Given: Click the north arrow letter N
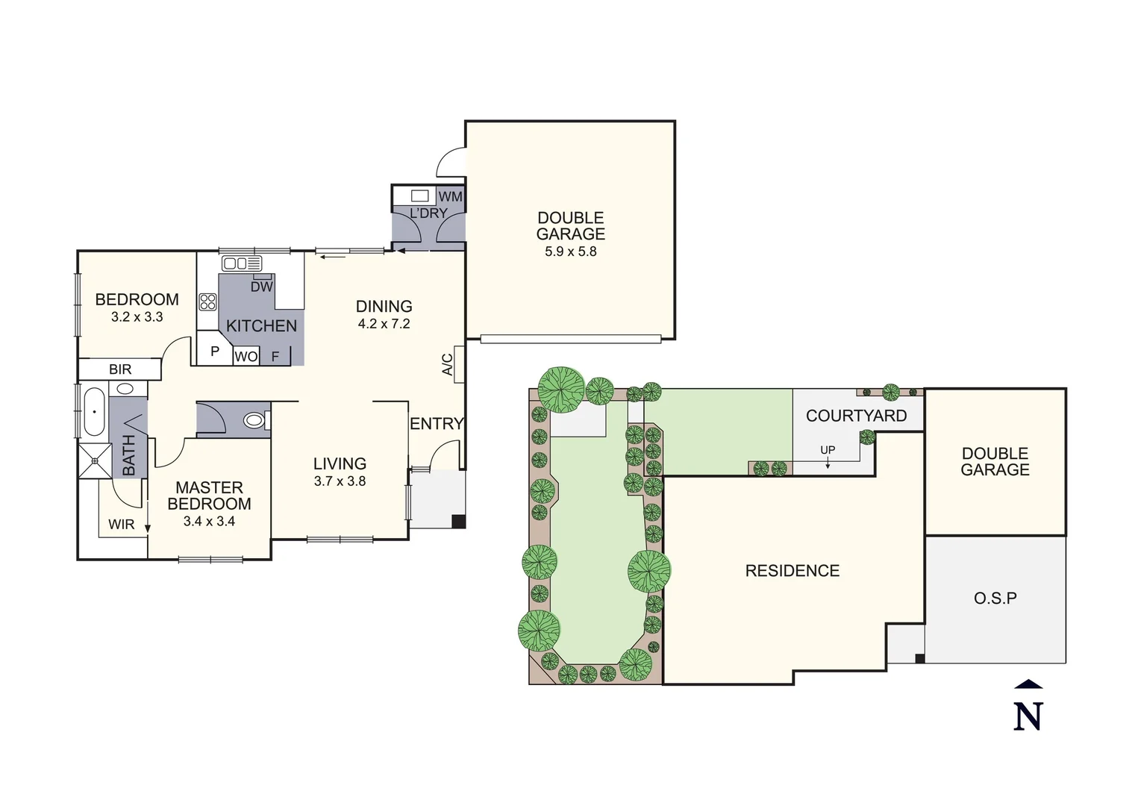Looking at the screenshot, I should [x=1028, y=716].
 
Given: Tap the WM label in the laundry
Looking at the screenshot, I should [x=450, y=196].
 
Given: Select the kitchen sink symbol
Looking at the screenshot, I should [x=242, y=263].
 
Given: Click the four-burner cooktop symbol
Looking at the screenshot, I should [x=207, y=302].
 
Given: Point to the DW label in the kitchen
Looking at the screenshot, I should [x=261, y=287].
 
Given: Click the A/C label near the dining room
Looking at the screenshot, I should [x=448, y=364].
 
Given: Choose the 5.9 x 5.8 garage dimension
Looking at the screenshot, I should [x=570, y=252].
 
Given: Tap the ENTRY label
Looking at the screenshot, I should [x=437, y=424].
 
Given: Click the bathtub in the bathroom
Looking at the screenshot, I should [x=94, y=411].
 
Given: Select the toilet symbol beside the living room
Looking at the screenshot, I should [x=254, y=421].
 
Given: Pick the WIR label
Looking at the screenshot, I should [x=121, y=525].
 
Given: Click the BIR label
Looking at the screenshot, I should [x=120, y=369].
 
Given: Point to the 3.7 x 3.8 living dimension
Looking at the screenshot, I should [x=340, y=481].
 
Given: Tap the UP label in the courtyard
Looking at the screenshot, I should [x=828, y=450].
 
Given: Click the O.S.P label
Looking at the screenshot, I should [x=995, y=599].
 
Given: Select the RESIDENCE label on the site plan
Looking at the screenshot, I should [x=792, y=571].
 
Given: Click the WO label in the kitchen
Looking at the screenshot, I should [x=246, y=357].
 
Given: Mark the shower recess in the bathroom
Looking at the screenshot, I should [x=94, y=460].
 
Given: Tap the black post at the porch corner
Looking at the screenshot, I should [x=459, y=522].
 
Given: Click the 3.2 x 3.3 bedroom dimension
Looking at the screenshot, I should [x=137, y=317].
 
